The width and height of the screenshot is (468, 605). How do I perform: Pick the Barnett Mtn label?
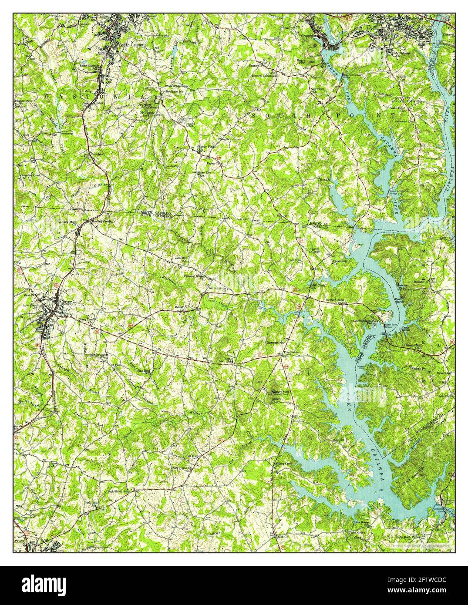coord(275,343)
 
